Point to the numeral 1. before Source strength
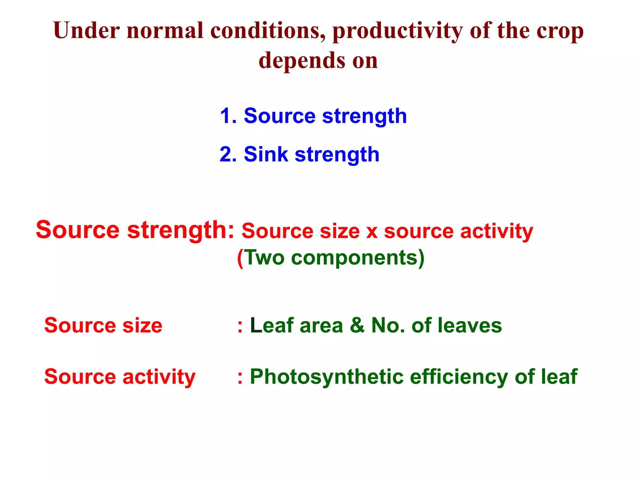228,116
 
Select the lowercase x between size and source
372,232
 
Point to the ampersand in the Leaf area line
357,325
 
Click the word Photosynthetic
326,377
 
